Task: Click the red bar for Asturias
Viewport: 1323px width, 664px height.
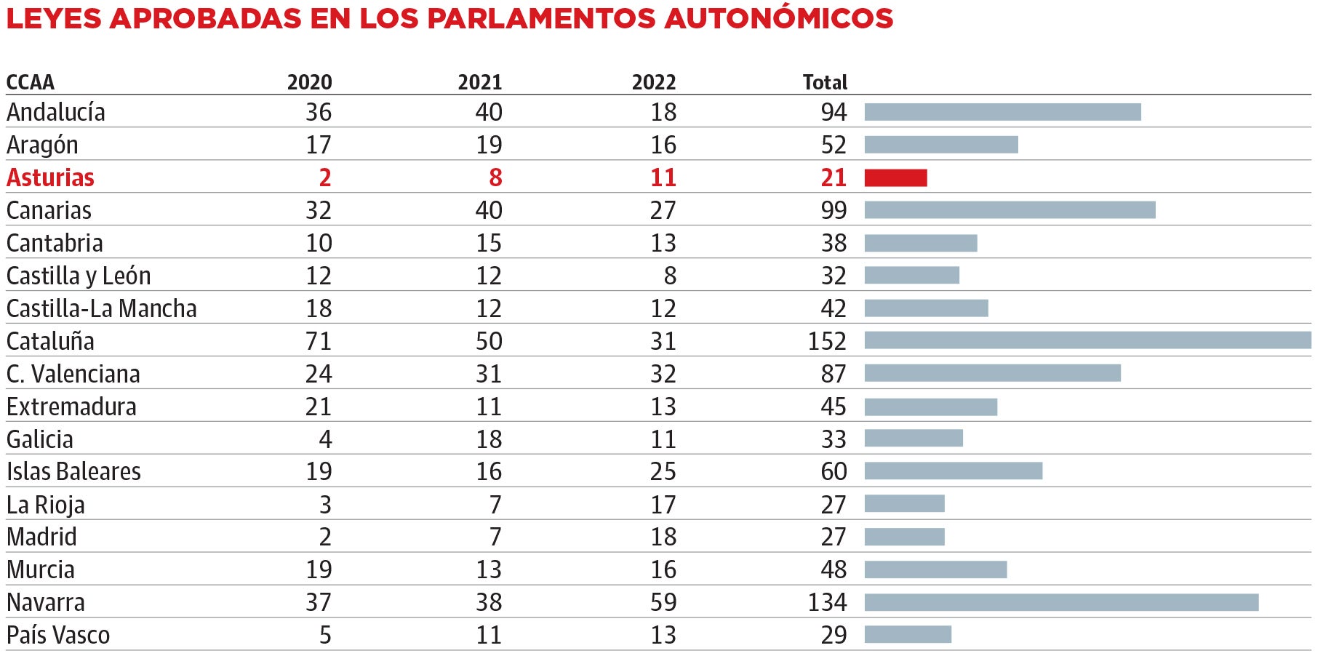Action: click(895, 177)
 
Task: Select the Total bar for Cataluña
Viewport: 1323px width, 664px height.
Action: click(1087, 340)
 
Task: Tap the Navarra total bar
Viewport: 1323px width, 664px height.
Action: click(1061, 602)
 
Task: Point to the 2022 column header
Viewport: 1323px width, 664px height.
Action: click(653, 82)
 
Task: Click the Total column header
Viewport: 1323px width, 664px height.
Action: click(825, 82)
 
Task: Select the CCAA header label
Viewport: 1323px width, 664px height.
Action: click(30, 82)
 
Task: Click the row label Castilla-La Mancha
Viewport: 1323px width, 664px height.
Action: click(101, 308)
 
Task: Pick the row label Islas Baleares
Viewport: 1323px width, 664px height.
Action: click(73, 471)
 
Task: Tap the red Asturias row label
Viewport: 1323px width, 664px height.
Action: click(50, 177)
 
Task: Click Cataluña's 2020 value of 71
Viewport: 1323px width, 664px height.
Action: click(318, 341)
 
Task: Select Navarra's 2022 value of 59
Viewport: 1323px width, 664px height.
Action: click(663, 602)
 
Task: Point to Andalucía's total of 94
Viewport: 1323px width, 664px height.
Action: click(834, 112)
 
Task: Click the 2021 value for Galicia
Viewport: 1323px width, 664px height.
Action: click(489, 439)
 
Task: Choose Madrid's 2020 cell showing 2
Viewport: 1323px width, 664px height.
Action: click(324, 537)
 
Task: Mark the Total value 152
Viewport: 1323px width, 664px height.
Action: click(827, 341)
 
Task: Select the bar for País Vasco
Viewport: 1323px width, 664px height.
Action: click(908, 634)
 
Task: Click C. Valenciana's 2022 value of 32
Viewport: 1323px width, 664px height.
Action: click(663, 374)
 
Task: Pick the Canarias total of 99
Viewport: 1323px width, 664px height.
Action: click(834, 210)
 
